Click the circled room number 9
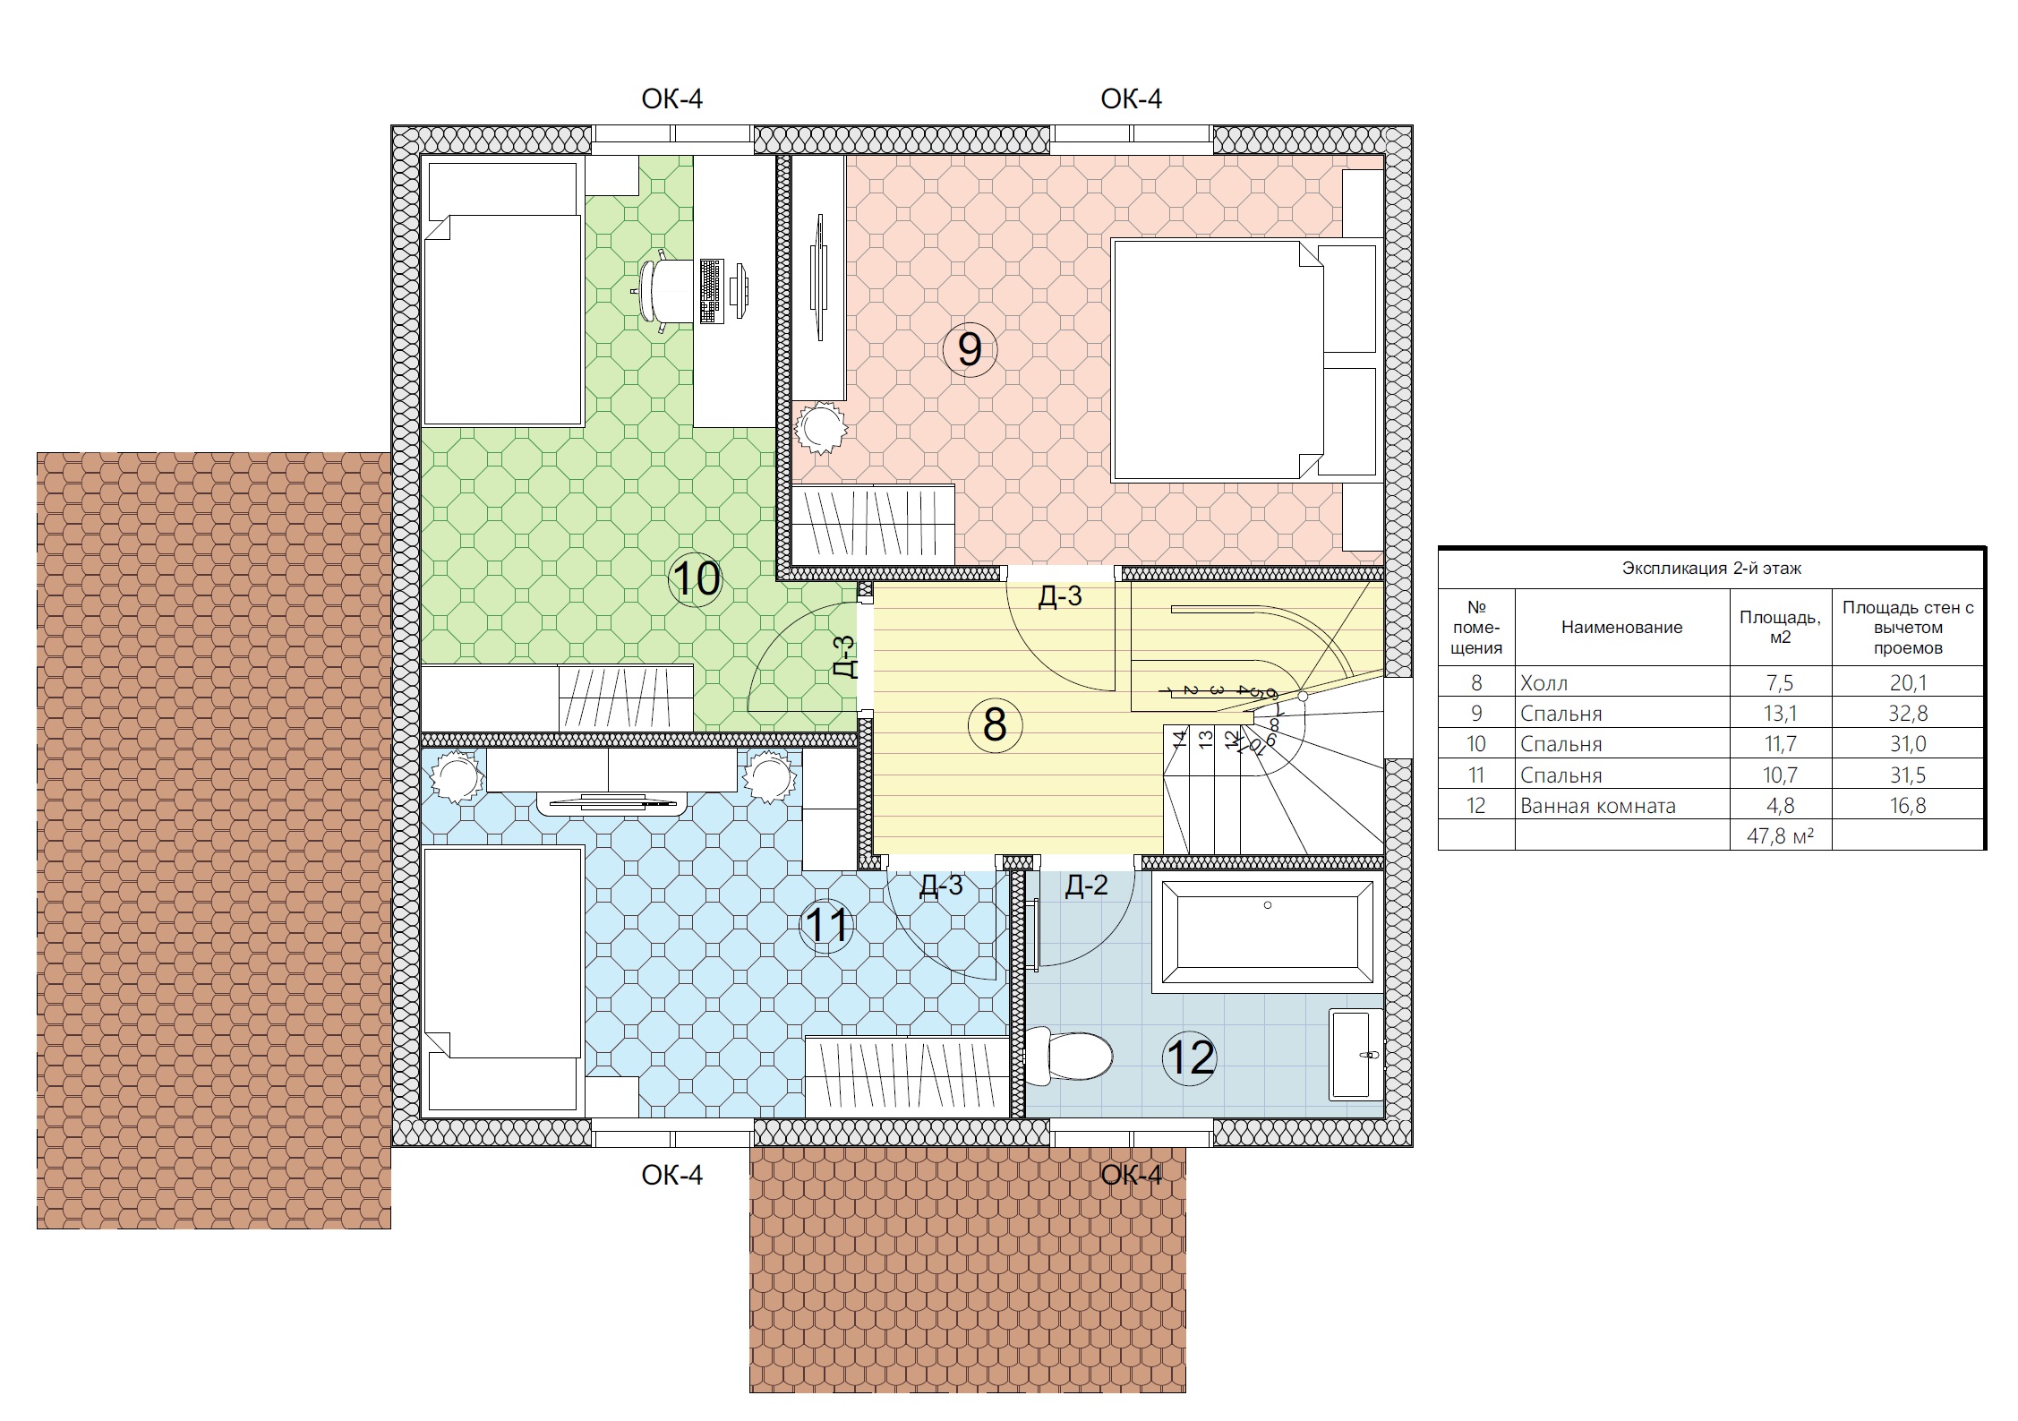coord(970,349)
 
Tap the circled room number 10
coord(696,579)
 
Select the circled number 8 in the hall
coord(995,724)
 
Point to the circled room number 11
coord(826,925)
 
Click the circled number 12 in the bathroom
coord(1190,1057)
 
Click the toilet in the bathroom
coord(1068,1057)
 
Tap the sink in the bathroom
coord(1355,1055)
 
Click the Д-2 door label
coord(1086,886)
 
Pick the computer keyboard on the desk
coord(711,291)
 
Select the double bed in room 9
coord(1218,361)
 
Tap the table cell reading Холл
coord(1543,683)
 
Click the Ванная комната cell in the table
coord(1597,806)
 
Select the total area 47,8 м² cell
coord(1780,835)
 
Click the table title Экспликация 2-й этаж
coord(1711,568)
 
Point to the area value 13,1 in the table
coord(1780,714)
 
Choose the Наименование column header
coord(1621,627)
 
